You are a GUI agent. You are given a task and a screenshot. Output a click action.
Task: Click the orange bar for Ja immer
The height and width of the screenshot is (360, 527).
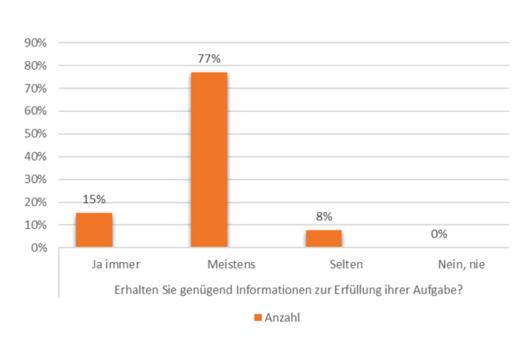[94, 230]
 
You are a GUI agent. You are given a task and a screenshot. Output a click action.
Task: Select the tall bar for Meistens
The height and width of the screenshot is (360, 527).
[209, 160]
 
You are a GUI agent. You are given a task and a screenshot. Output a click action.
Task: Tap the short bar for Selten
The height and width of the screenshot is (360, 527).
[324, 238]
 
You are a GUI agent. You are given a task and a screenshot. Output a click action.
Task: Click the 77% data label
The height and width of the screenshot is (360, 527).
[209, 59]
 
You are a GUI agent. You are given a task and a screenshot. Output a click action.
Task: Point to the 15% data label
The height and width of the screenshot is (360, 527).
[94, 199]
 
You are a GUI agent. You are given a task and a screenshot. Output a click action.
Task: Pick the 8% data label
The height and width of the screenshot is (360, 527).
[324, 217]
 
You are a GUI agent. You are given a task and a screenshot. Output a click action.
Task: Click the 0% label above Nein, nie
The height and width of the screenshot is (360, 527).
[439, 234]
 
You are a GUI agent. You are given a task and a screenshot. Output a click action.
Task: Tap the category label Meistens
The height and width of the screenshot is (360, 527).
[232, 265]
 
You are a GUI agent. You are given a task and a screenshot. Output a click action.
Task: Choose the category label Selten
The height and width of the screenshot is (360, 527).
[346, 265]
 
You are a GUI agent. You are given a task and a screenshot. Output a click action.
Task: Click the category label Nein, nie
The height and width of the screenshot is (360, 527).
[462, 265]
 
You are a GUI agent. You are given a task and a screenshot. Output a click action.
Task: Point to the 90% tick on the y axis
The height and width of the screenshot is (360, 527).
[36, 43]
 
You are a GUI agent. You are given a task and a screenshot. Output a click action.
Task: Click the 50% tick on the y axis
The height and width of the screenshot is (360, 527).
[36, 134]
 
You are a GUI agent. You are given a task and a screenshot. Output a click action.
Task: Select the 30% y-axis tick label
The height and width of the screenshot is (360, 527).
[36, 180]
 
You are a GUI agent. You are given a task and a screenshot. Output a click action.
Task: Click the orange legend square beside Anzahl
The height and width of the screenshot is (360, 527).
[258, 317]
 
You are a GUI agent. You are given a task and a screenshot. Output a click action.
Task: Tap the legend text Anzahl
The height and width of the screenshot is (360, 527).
[282, 317]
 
